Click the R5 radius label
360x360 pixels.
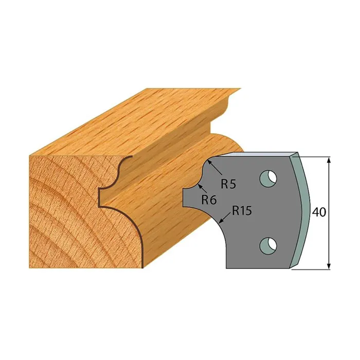(228, 184)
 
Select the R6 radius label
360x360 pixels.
(209, 200)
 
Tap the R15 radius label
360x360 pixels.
(242, 210)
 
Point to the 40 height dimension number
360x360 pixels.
(319, 212)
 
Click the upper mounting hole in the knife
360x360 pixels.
(268, 178)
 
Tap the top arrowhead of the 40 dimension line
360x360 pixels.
(329, 160)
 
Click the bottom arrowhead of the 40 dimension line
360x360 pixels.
(329, 266)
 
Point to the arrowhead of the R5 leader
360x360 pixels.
(209, 163)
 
